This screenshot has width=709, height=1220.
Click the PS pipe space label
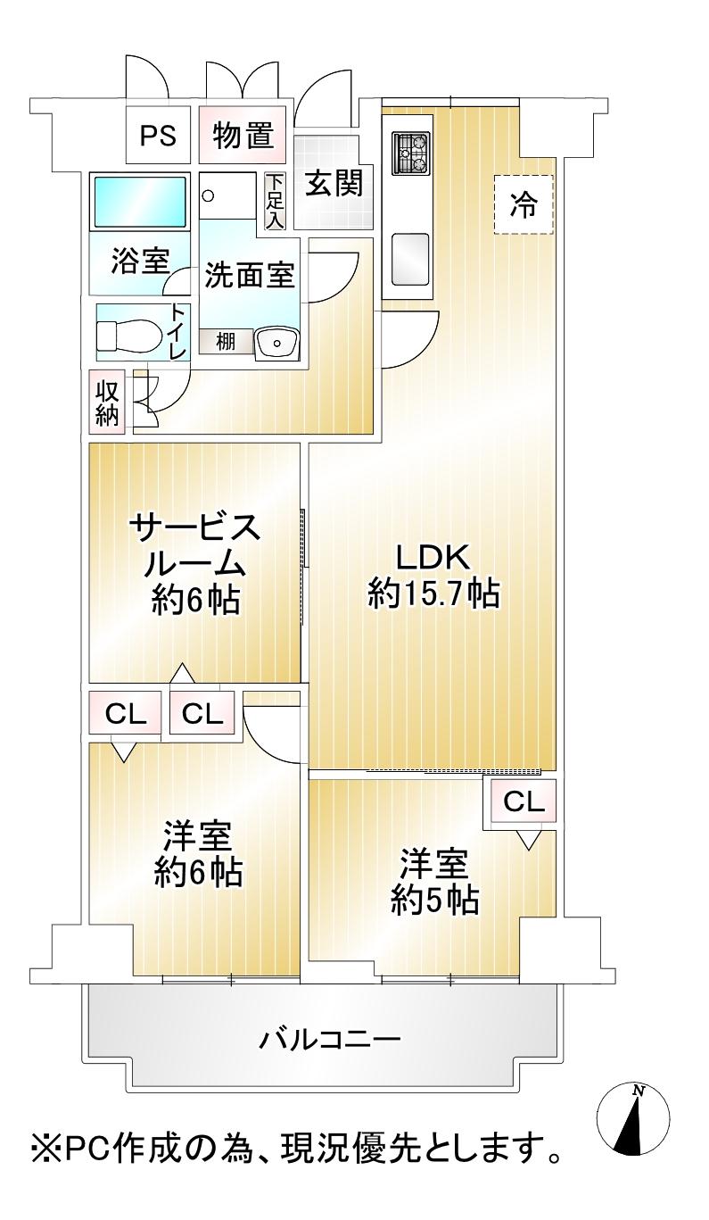(157, 137)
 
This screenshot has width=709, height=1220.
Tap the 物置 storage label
(242, 137)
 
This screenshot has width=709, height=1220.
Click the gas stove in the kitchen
(411, 154)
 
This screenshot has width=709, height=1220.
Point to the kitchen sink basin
(410, 260)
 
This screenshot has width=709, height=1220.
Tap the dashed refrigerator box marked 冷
(524, 204)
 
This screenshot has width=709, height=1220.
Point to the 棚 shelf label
(226, 341)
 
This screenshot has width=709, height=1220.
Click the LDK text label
(433, 559)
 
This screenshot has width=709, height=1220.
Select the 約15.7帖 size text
(433, 593)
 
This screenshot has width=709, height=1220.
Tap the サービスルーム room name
(195, 544)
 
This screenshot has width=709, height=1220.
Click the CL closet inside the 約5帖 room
(524, 801)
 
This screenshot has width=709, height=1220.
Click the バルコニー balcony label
(330, 1039)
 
